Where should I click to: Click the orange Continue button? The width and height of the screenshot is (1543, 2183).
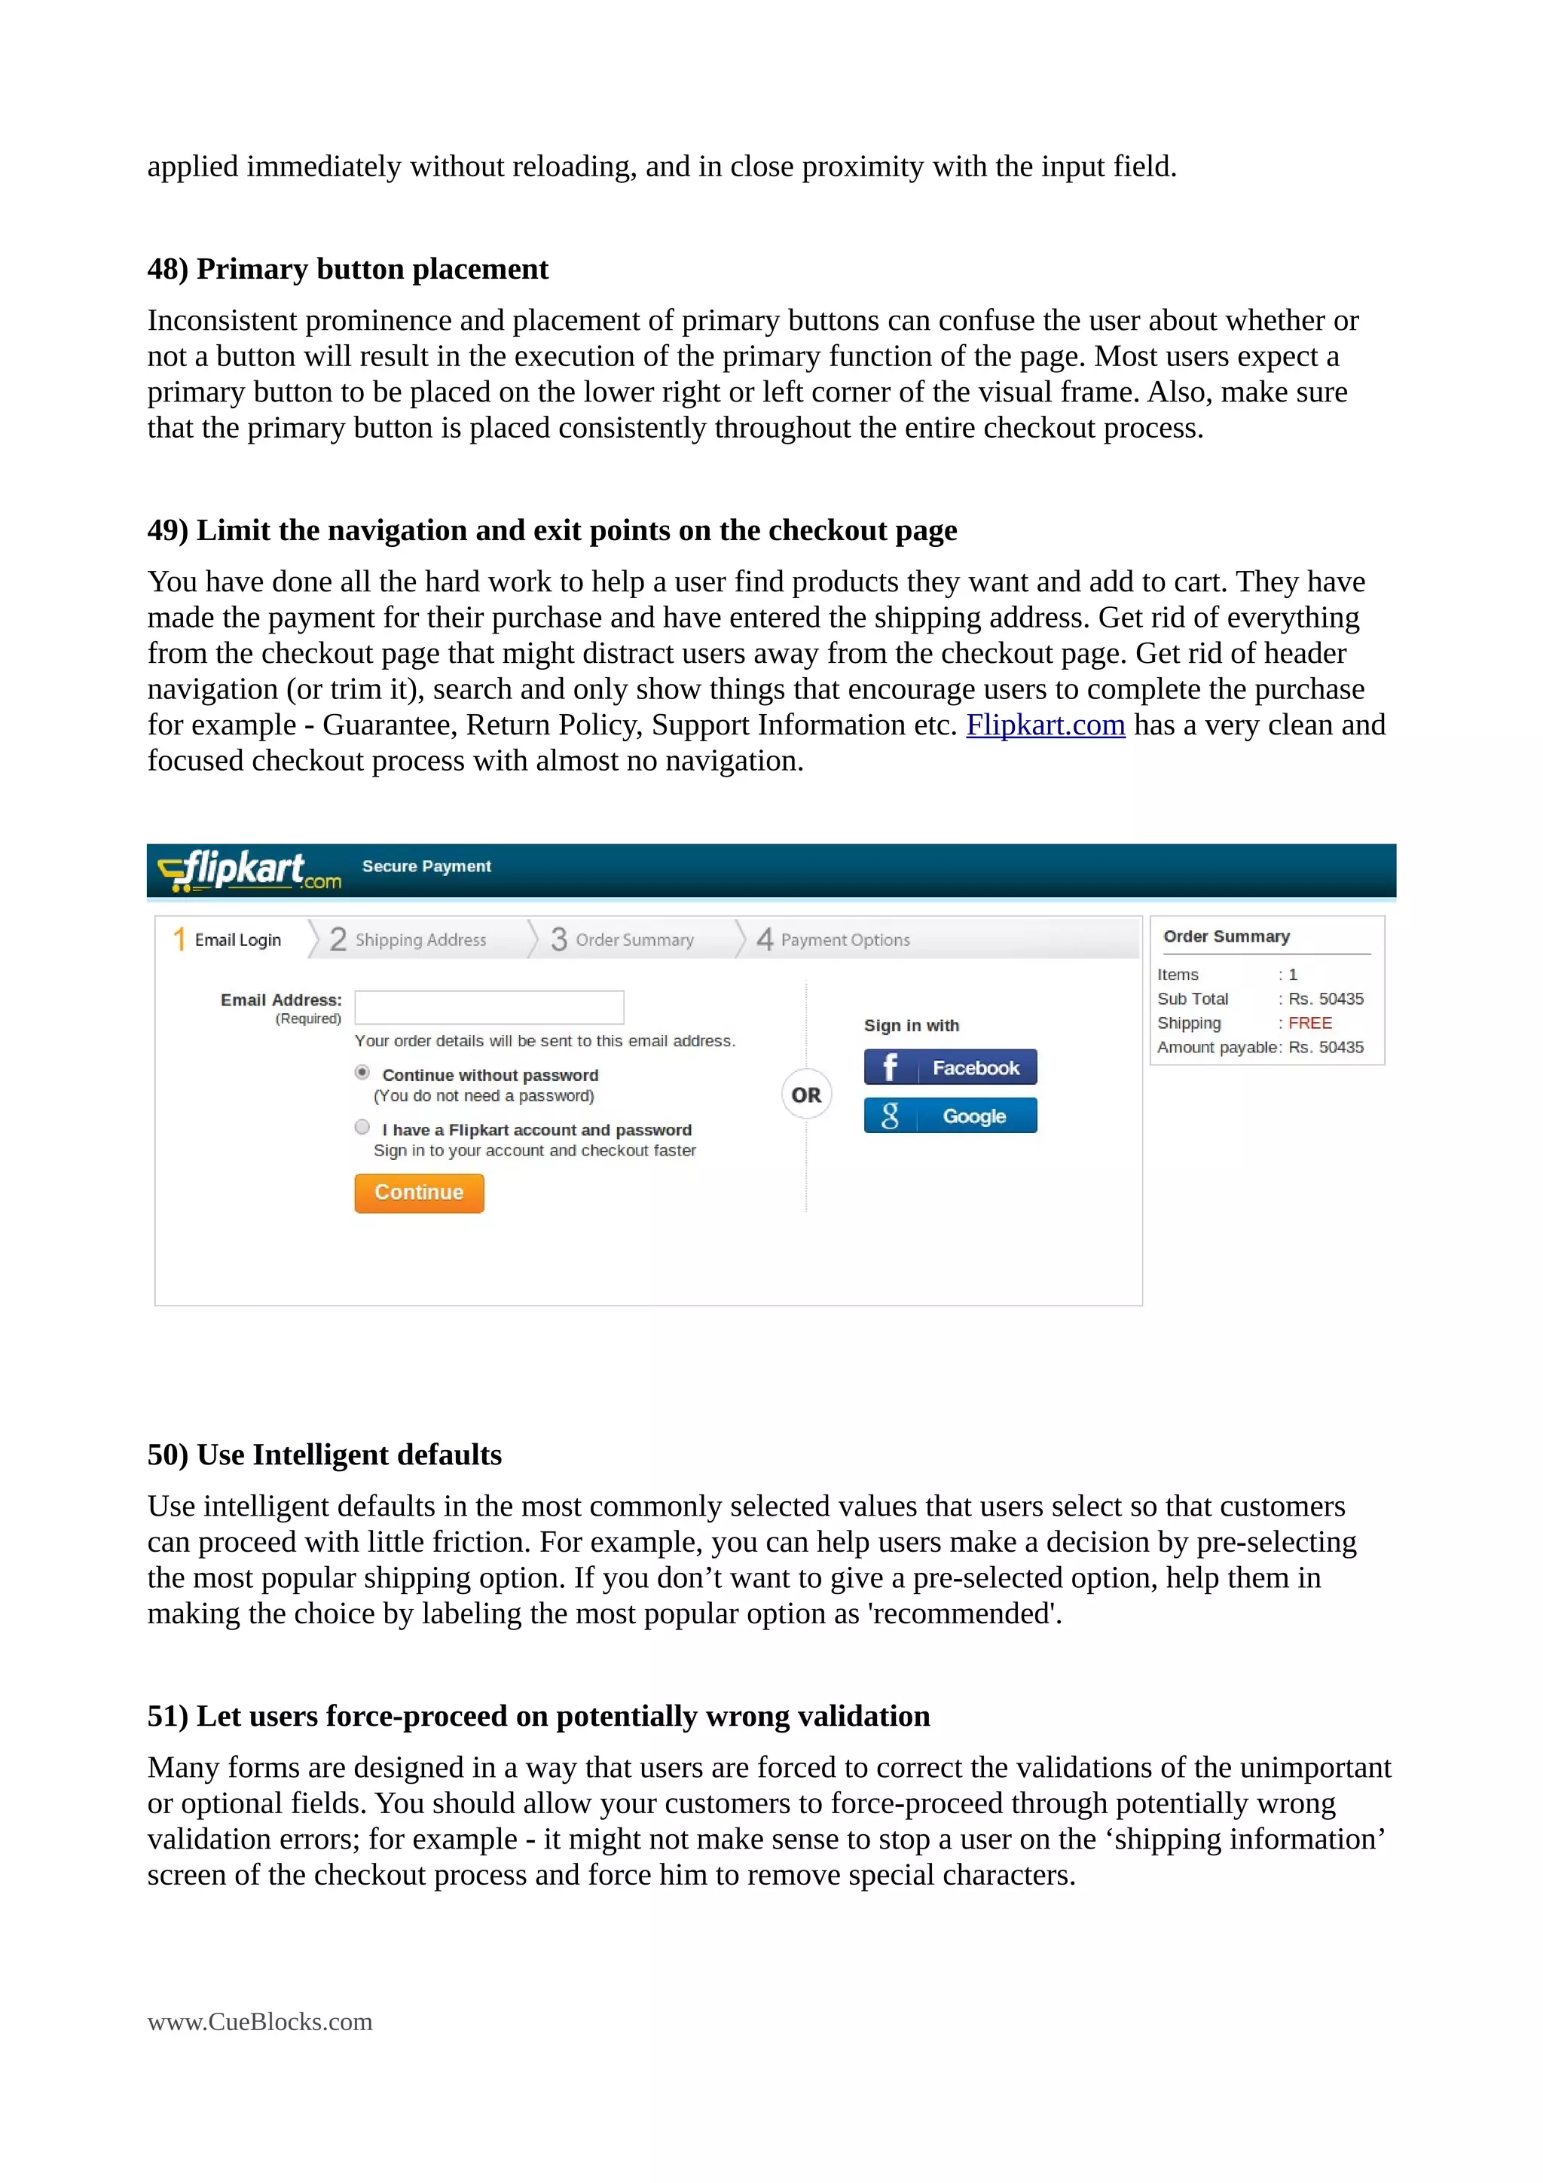coord(418,1192)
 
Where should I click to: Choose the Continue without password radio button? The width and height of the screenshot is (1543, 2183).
coord(362,1073)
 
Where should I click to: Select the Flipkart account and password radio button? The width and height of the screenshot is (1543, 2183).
coord(362,1128)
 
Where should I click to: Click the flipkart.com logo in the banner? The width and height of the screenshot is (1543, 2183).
coord(248,870)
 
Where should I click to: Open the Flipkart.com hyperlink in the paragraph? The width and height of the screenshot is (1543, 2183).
coord(1045,725)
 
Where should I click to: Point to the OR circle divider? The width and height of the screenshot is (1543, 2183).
coord(806,1095)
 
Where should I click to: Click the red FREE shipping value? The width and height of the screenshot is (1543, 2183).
coord(1309,1023)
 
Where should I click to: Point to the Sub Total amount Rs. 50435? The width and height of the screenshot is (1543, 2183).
coord(1325,998)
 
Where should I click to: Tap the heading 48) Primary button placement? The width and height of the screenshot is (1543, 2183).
coord(347,269)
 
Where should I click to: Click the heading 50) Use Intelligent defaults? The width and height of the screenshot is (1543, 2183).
coord(324,1455)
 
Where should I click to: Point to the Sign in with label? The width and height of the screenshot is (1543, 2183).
coord(911,1025)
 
